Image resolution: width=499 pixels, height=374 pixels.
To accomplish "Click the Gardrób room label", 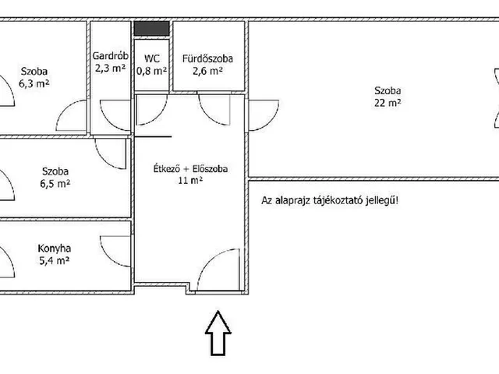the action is pyautogui.click(x=111, y=56).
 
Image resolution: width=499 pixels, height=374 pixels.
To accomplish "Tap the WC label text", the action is pyautogui.click(x=152, y=58).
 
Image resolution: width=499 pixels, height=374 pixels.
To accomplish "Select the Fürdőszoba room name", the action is pyautogui.click(x=207, y=58).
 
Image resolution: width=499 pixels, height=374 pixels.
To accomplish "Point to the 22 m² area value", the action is pyautogui.click(x=388, y=103).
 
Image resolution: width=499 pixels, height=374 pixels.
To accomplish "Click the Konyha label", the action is pyautogui.click(x=54, y=249).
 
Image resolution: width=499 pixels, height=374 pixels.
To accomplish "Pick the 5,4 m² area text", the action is pyautogui.click(x=54, y=261).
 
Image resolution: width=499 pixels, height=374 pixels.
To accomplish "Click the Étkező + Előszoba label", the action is pyautogui.click(x=190, y=168).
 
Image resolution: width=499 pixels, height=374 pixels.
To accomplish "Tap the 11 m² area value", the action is pyautogui.click(x=190, y=181).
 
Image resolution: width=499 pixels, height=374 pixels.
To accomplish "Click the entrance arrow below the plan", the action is pyautogui.click(x=218, y=333).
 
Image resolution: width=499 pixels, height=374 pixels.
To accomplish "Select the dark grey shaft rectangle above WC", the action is pyautogui.click(x=151, y=29).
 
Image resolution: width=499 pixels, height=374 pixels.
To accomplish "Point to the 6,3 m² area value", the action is pyautogui.click(x=34, y=83).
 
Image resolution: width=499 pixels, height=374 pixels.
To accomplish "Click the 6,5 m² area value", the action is pyautogui.click(x=55, y=184).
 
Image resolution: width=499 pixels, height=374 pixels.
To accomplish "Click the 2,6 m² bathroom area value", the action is pyautogui.click(x=207, y=71).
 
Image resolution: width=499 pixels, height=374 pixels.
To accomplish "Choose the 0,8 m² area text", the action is pyautogui.click(x=152, y=71).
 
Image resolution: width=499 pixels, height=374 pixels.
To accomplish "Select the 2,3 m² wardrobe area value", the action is pyautogui.click(x=111, y=68).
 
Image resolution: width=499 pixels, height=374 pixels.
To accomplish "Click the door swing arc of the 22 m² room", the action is pyautogui.click(x=271, y=122).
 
